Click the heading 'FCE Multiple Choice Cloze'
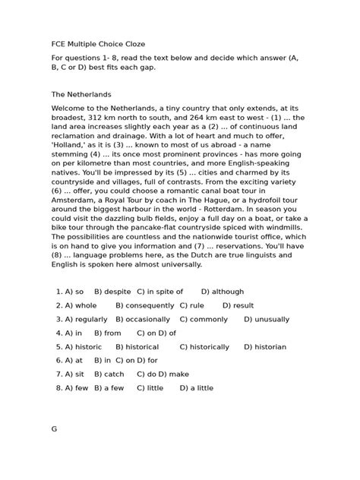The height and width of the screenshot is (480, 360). pos(98,45)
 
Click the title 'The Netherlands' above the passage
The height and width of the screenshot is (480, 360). pos(81,95)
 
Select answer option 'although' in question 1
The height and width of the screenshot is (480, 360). pos(228,292)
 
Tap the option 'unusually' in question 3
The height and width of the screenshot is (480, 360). pos(267,319)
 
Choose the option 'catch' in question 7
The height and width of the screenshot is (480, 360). pos(113,374)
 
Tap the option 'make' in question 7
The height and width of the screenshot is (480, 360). pos(179,374)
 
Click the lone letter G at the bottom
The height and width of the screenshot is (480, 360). pos(55,429)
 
